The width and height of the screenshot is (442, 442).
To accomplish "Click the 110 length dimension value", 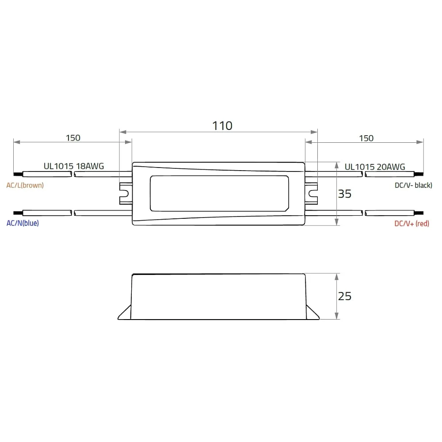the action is pyautogui.click(x=222, y=126).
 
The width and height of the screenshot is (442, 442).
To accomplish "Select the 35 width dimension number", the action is pyautogui.click(x=344, y=194).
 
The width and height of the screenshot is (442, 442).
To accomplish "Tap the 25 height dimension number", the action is pyautogui.click(x=344, y=296).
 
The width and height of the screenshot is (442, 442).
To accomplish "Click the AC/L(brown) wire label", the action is pyautogui.click(x=25, y=185).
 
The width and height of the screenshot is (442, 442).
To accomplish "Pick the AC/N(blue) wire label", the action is pyautogui.click(x=23, y=223).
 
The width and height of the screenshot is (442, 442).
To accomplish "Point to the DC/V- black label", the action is pyautogui.click(x=413, y=185).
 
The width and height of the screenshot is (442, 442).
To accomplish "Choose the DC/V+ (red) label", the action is pyautogui.click(x=412, y=224).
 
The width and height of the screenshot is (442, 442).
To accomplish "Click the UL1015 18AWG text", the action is pyautogui.click(x=74, y=166).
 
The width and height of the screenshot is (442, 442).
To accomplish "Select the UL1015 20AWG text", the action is pyautogui.click(x=375, y=167).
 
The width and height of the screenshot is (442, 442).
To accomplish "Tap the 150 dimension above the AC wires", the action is pyautogui.click(x=73, y=138).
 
